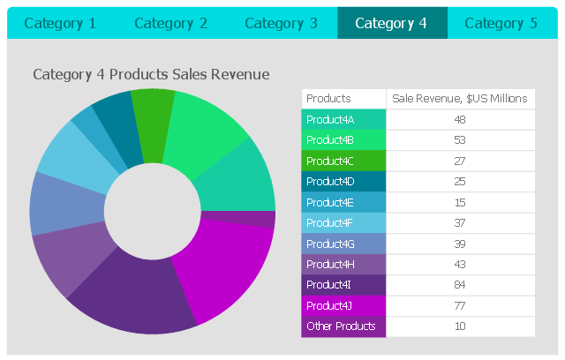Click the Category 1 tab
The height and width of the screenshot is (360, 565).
point(60,23)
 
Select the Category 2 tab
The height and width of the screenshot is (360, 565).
point(170,23)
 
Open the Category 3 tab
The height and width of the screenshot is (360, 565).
point(281,23)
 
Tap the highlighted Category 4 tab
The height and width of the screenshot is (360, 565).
point(391,23)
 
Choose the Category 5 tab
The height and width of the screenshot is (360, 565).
point(501,23)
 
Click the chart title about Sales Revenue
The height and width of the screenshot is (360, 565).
point(151,75)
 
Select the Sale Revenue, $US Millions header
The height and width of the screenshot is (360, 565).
point(460,99)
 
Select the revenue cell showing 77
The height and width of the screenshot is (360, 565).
point(460,306)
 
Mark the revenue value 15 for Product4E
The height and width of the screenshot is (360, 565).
point(460,202)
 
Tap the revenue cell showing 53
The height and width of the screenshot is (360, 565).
point(460,139)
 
